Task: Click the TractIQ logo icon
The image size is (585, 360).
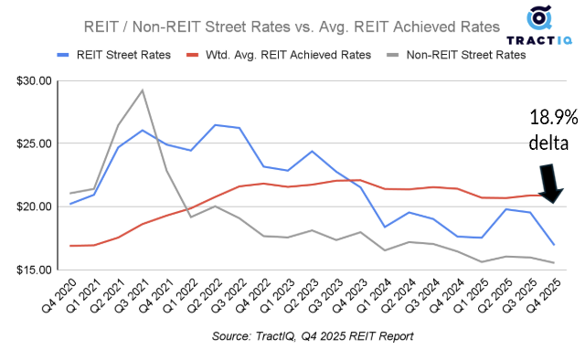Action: [x=539, y=20]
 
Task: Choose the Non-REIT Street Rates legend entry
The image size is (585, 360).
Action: [x=463, y=55]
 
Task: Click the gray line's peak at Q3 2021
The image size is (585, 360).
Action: [x=142, y=90]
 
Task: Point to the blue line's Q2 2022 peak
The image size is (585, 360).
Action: [x=215, y=125]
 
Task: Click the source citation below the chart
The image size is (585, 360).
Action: [x=311, y=336]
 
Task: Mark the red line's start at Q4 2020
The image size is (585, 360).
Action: [x=70, y=246]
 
